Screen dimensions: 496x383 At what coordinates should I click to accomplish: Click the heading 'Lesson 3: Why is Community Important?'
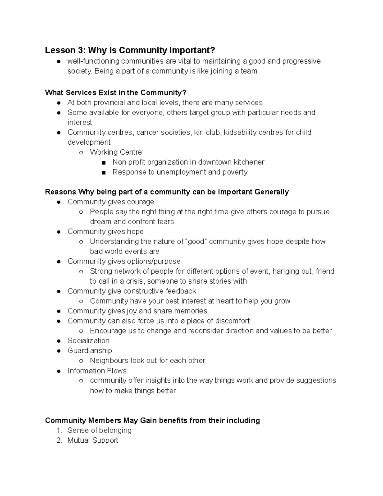click(130, 50)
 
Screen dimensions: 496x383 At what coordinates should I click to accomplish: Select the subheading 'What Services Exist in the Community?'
click(115, 93)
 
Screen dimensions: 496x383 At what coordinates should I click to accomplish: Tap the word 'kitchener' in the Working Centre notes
click(249, 162)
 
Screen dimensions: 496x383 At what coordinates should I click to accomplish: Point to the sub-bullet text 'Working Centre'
click(116, 152)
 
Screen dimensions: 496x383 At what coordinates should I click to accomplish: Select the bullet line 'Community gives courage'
click(110, 202)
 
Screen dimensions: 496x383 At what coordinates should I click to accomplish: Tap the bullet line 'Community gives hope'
click(105, 232)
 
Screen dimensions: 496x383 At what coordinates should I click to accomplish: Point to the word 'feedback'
click(181, 291)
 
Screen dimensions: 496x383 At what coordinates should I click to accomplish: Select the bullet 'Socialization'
click(88, 341)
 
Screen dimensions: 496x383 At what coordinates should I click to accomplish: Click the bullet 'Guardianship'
click(90, 351)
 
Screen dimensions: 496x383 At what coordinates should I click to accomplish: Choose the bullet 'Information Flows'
click(97, 371)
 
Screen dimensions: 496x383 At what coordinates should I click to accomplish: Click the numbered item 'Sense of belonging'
click(99, 431)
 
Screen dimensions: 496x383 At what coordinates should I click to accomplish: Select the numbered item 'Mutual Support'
click(93, 440)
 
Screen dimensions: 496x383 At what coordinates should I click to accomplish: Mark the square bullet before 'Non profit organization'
click(103, 163)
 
